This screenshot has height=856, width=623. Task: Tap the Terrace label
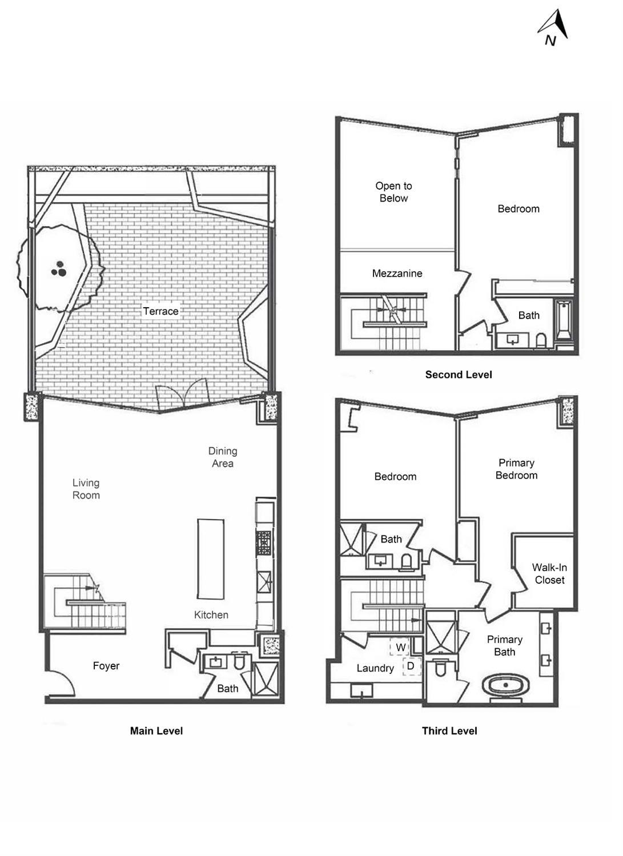[160, 311]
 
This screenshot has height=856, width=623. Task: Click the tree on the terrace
[59, 268]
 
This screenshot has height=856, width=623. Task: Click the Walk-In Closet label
[549, 573]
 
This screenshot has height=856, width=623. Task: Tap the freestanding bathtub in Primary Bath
[506, 685]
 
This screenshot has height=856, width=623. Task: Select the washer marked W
[400, 647]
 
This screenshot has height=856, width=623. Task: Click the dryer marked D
[410, 666]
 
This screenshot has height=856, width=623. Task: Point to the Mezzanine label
[397, 273]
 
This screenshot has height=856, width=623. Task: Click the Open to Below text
[393, 192]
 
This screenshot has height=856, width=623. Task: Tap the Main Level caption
[156, 730]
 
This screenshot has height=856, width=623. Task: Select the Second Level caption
[458, 375]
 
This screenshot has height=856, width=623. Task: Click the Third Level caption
[449, 730]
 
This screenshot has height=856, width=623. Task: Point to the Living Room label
[86, 489]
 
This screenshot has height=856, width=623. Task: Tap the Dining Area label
[222, 457]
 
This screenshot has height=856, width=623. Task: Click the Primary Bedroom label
[516, 469]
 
